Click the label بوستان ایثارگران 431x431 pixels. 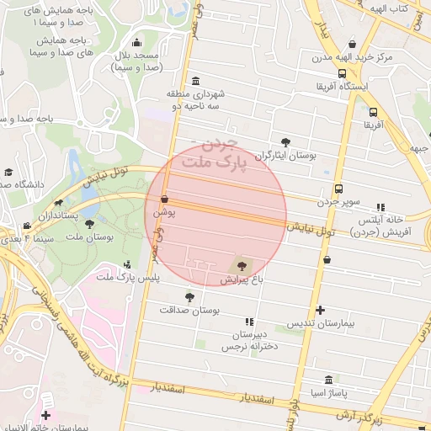[x=287, y=157]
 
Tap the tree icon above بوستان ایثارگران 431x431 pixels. [x=287, y=142]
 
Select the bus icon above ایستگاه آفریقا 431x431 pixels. [x=373, y=110]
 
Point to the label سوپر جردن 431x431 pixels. [x=339, y=203]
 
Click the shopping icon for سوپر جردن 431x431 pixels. [x=338, y=189]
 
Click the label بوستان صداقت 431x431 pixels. [x=190, y=310]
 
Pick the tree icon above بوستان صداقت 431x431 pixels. [x=189, y=296]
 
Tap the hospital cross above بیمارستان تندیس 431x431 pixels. [x=321, y=311]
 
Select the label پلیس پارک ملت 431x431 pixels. [x=127, y=277]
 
